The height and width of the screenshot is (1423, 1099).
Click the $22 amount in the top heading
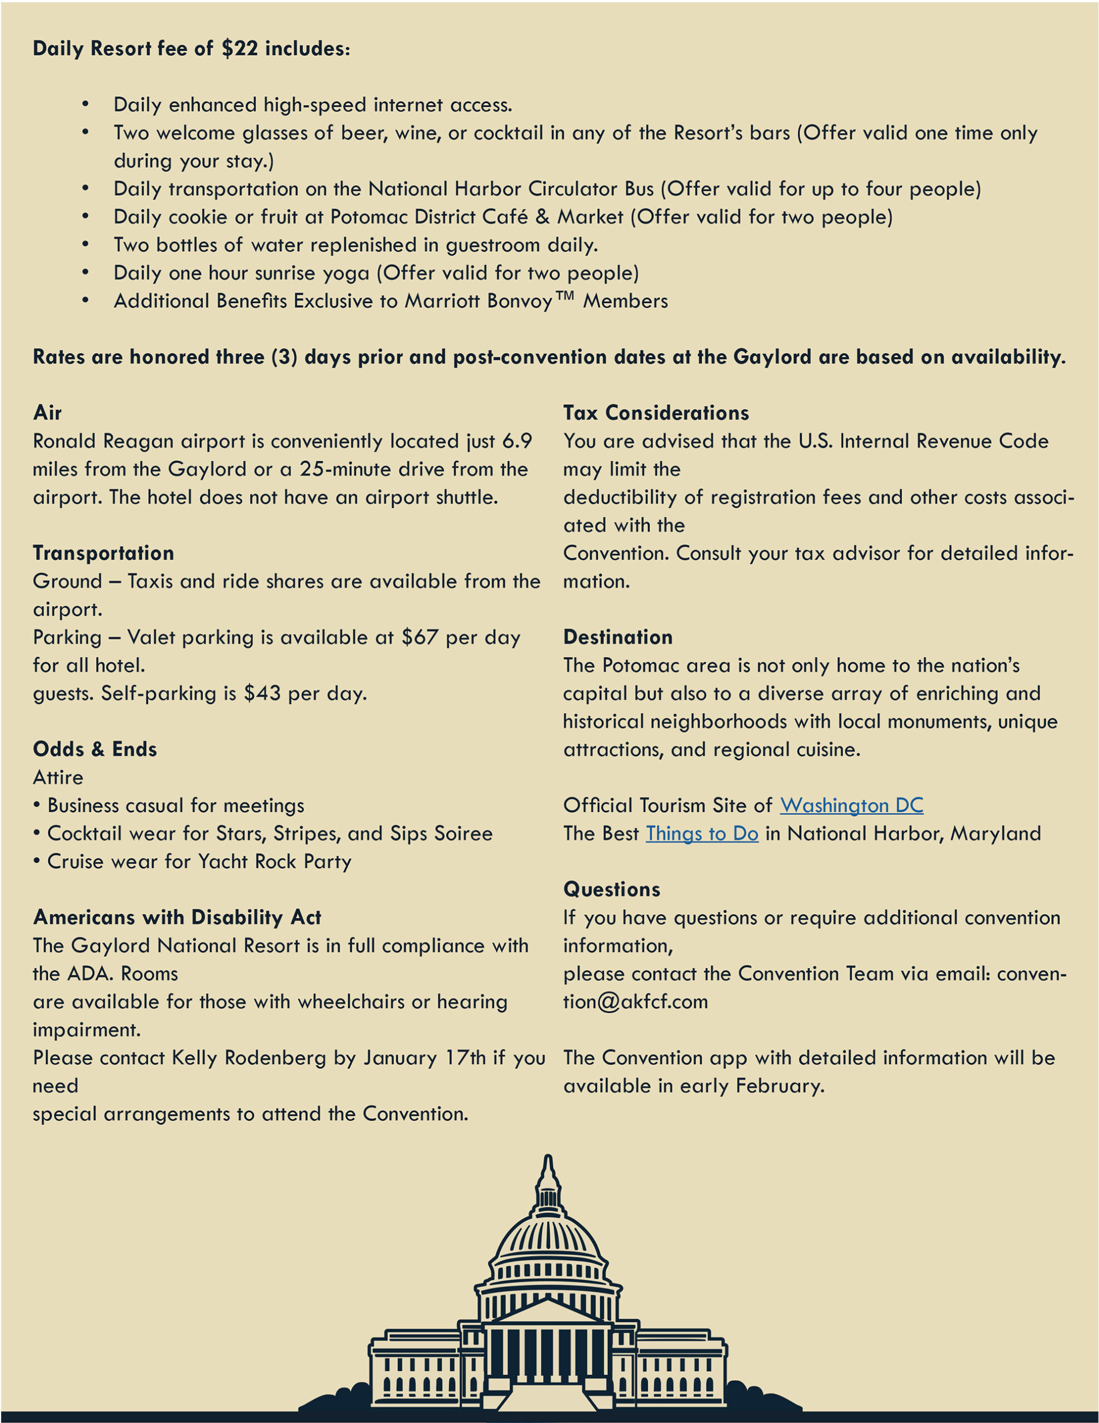tap(239, 49)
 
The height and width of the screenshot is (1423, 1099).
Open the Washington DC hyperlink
tap(851, 806)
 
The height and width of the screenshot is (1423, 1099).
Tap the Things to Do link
tap(702, 834)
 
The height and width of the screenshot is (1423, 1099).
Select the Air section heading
tap(48, 413)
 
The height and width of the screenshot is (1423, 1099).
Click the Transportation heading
tap(103, 553)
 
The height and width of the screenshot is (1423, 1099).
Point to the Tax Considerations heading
tap(656, 413)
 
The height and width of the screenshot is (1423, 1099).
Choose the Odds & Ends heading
tap(95, 749)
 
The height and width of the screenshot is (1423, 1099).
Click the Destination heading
tap(618, 637)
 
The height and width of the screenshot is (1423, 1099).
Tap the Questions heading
tap(611, 889)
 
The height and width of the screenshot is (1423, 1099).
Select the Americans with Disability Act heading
tap(177, 917)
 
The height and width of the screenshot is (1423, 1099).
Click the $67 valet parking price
tap(419, 637)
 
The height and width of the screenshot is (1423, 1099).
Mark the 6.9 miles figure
tap(517, 441)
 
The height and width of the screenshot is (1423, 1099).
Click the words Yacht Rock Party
tap(275, 862)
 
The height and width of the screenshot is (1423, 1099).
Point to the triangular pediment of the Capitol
tap(548, 1310)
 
